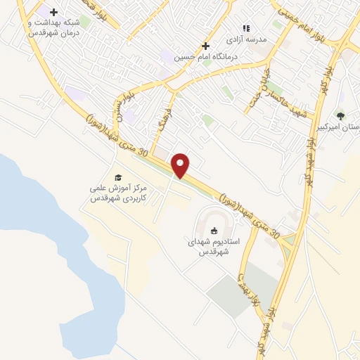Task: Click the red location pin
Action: tap(181, 165)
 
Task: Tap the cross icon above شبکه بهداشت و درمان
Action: tap(53, 12)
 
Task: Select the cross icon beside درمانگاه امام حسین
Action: tap(205, 46)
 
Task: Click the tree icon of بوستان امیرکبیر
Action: tap(340, 115)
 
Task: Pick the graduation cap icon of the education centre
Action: tap(117, 177)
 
